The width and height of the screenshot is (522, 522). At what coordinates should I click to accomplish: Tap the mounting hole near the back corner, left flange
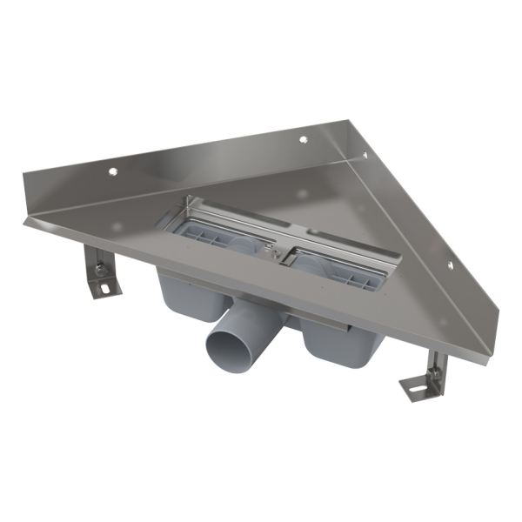(x=304, y=139)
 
